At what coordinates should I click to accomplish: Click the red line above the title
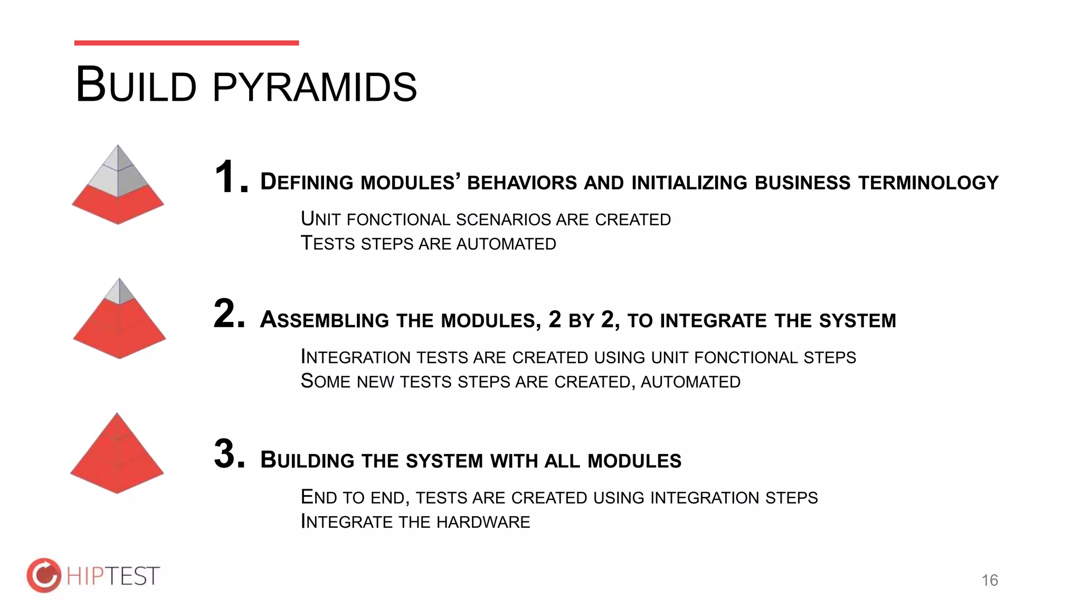(x=186, y=43)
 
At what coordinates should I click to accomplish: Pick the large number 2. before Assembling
(x=229, y=314)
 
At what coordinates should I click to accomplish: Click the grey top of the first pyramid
(x=117, y=172)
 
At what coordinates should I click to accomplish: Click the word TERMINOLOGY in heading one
(x=928, y=183)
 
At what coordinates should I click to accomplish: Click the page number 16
(x=990, y=580)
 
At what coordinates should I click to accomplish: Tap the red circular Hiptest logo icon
(x=44, y=575)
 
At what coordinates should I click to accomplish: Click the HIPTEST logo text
(x=112, y=576)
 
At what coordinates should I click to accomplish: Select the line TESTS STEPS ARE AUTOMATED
(x=428, y=244)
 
